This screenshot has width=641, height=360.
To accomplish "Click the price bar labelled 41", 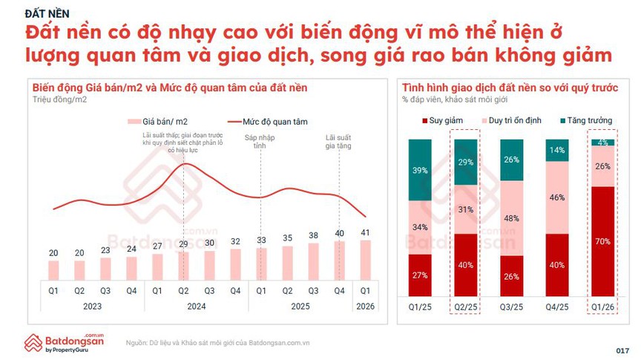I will pos(364,261).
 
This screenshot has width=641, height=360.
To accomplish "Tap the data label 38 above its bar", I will pos(312,236).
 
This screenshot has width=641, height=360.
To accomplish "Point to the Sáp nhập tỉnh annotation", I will pos(260,141).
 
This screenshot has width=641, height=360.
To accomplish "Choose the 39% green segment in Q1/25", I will pos(420,169).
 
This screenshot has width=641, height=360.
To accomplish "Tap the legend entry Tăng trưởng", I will pos(579,120).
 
